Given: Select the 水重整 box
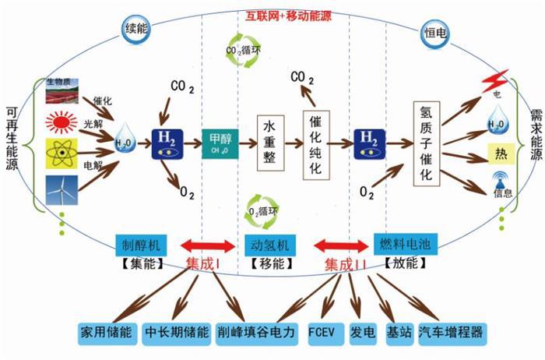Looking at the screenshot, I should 268,143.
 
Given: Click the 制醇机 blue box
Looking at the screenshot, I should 142,244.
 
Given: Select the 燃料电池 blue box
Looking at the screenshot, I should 403,243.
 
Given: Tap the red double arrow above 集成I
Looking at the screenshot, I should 206,246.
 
